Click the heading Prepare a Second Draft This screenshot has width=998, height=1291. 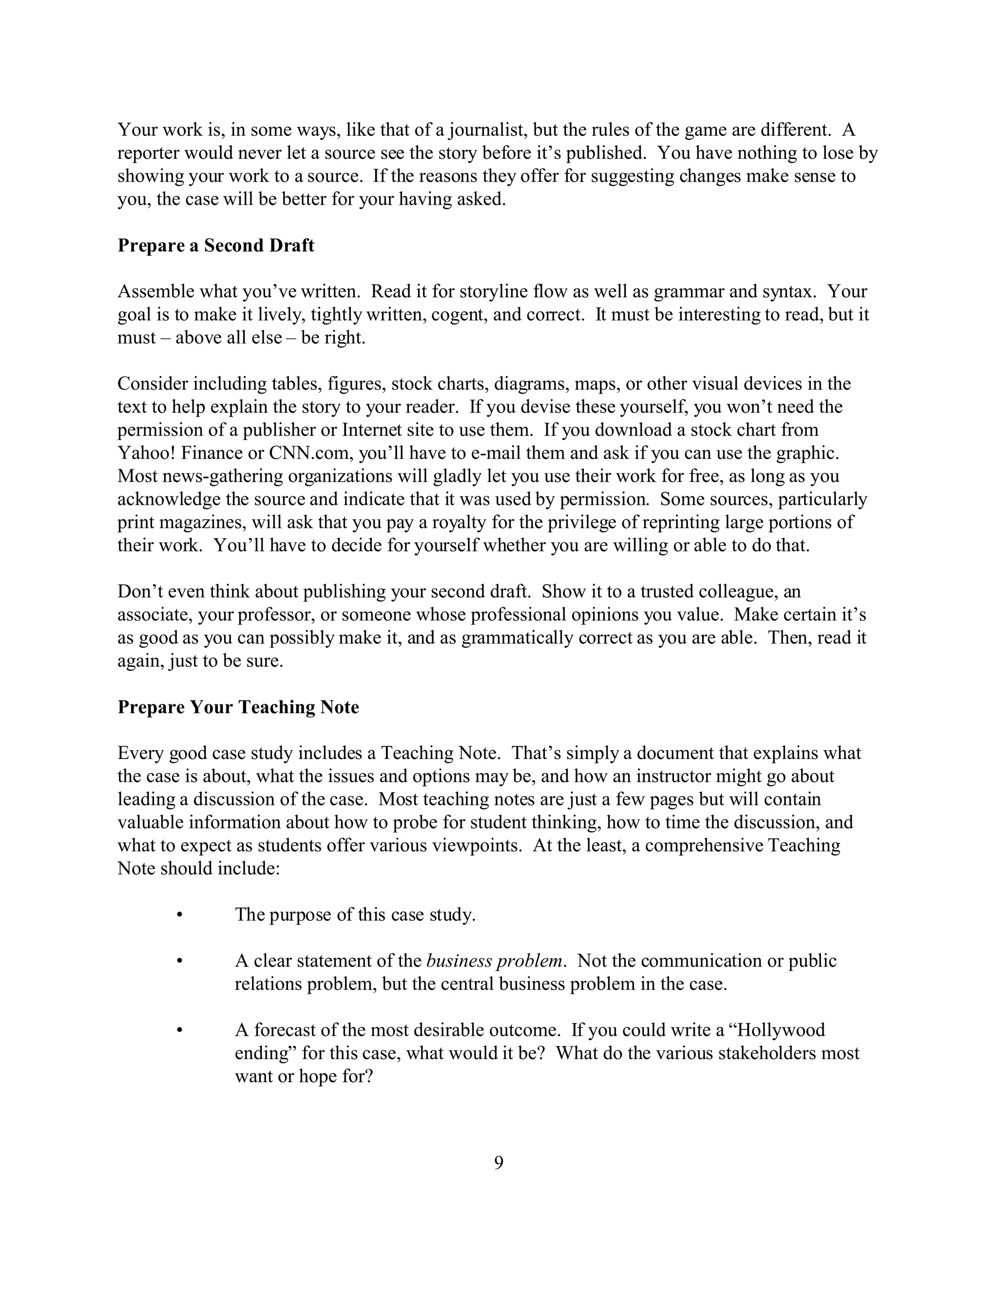[x=216, y=246]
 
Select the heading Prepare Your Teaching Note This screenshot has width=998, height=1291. [x=238, y=707]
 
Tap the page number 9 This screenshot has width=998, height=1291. [x=499, y=1163]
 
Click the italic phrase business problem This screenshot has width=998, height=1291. [x=494, y=961]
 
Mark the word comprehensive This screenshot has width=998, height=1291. [x=704, y=845]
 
